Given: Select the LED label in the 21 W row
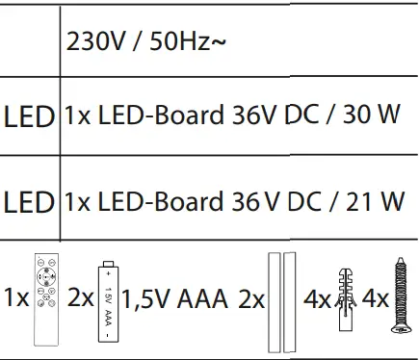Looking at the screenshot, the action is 29,203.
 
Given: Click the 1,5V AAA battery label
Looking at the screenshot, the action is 176,298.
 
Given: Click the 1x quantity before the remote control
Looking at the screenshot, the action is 15,298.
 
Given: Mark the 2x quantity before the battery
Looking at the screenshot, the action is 81,298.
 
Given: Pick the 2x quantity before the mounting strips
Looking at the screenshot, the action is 251,298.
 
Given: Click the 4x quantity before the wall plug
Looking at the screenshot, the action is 317,298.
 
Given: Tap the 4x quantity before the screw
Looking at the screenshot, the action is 376,298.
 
